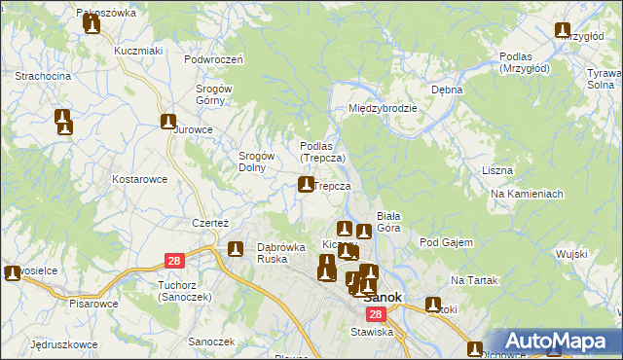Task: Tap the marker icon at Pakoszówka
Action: click(92, 24)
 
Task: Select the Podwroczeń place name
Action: click(212, 58)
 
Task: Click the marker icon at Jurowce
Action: click(168, 123)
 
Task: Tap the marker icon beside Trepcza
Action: click(306, 184)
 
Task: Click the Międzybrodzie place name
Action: click(384, 109)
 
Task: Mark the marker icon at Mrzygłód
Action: click(563, 31)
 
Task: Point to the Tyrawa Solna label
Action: click(600, 80)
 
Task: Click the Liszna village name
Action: click(496, 170)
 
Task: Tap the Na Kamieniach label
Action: click(528, 194)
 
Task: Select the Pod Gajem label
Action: click(446, 242)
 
